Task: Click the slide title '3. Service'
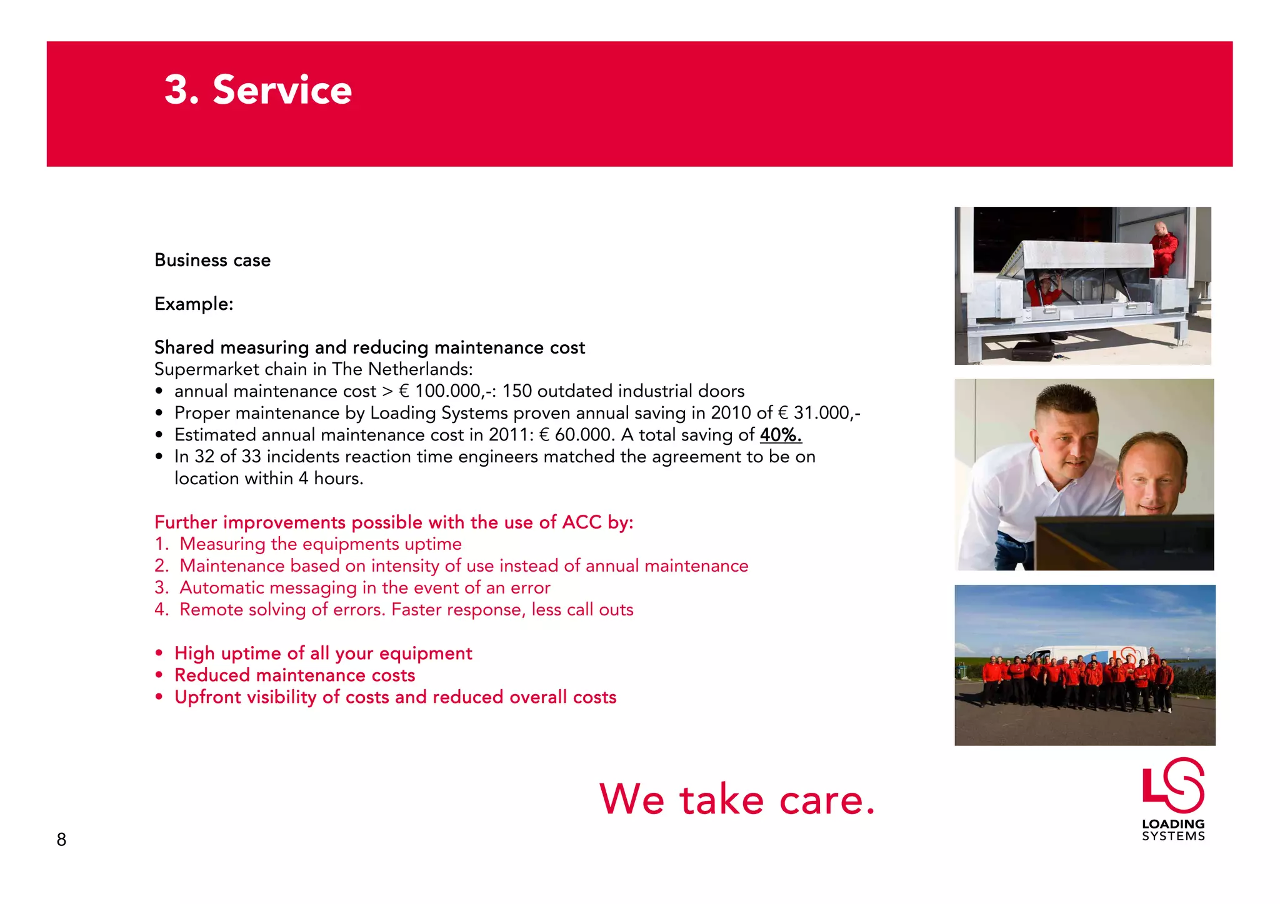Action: coord(258,90)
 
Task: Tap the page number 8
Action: coord(61,839)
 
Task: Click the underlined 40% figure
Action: coord(781,435)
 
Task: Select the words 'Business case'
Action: coord(212,260)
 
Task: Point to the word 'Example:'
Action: coord(194,304)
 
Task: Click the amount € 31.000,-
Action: coord(819,413)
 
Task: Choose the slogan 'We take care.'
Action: coord(737,800)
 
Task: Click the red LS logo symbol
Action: coord(1173,785)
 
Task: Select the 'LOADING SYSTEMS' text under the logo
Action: coord(1173,830)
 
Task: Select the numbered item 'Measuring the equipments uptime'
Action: coord(321,544)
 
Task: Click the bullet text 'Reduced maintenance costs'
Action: coord(294,675)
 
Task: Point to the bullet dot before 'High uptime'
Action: coord(159,653)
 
